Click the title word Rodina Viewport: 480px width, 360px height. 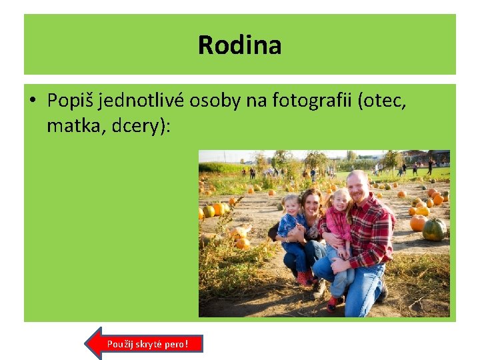click(239, 45)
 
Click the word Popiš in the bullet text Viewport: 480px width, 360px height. click(71, 101)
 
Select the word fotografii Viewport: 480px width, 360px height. click(318, 101)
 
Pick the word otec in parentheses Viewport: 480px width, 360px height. click(385, 101)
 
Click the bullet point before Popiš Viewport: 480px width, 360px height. click(33, 101)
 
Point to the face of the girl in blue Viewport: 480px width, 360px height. click(291, 206)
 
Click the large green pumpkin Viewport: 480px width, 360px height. click(435, 230)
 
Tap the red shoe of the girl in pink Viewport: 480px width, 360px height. click(332, 304)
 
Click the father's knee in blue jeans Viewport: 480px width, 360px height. click(323, 269)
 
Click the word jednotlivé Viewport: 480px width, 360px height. click(142, 101)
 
